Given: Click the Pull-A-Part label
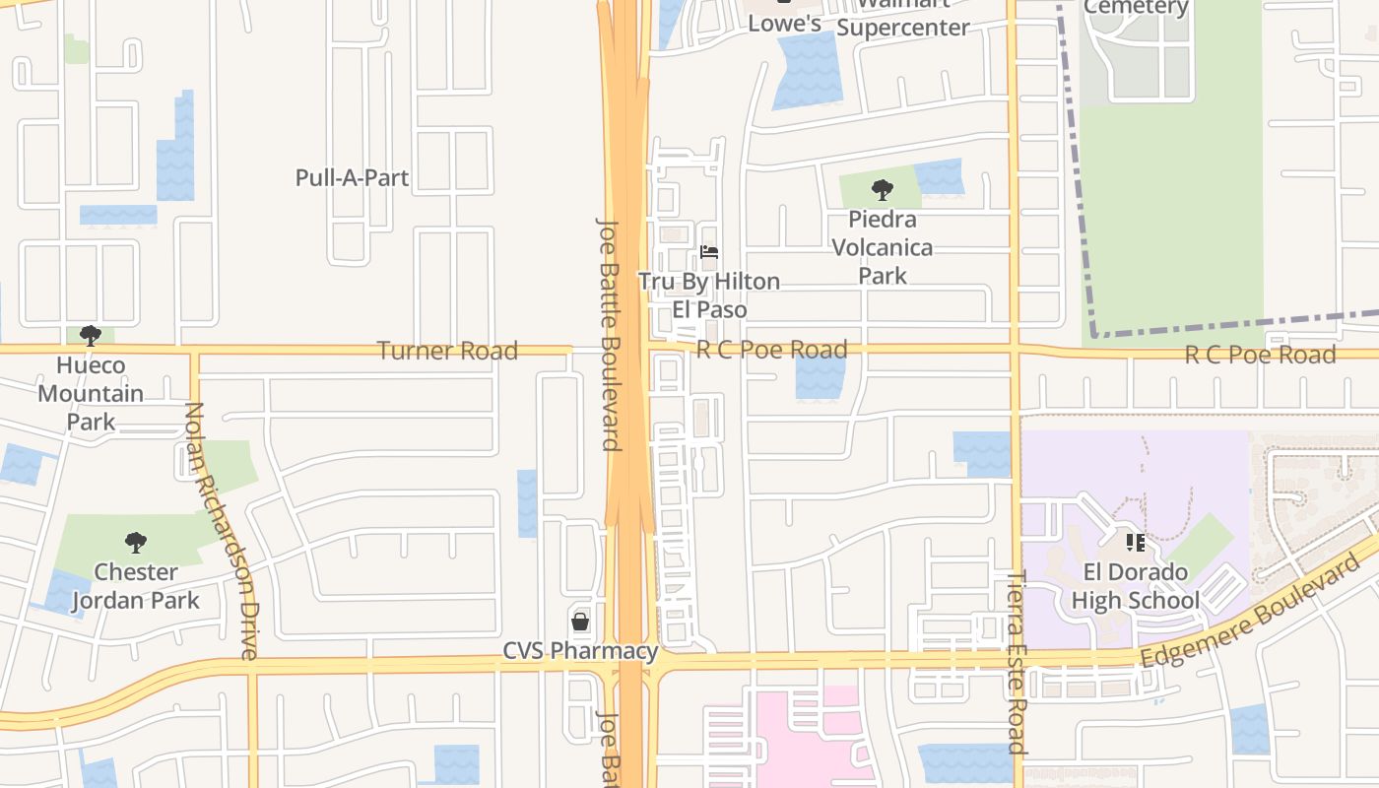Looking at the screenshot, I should [352, 178].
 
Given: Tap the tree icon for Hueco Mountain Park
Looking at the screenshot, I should [91, 336].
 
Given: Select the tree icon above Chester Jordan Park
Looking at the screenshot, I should [136, 542].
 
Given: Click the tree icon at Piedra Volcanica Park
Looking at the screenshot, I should [883, 189].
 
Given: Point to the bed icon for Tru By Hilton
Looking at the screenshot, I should [709, 252].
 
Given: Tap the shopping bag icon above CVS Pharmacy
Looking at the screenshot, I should [580, 622].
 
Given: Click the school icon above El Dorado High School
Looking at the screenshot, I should [1135, 542].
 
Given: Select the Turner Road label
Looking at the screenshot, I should [447, 351].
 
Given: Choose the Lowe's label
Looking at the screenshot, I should [785, 24].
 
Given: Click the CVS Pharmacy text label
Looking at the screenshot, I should [580, 651].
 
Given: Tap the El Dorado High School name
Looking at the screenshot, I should [1135, 586].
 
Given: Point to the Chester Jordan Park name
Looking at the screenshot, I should [135, 586].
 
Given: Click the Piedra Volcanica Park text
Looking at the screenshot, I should [883, 247].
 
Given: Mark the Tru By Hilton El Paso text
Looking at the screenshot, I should [709, 295].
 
